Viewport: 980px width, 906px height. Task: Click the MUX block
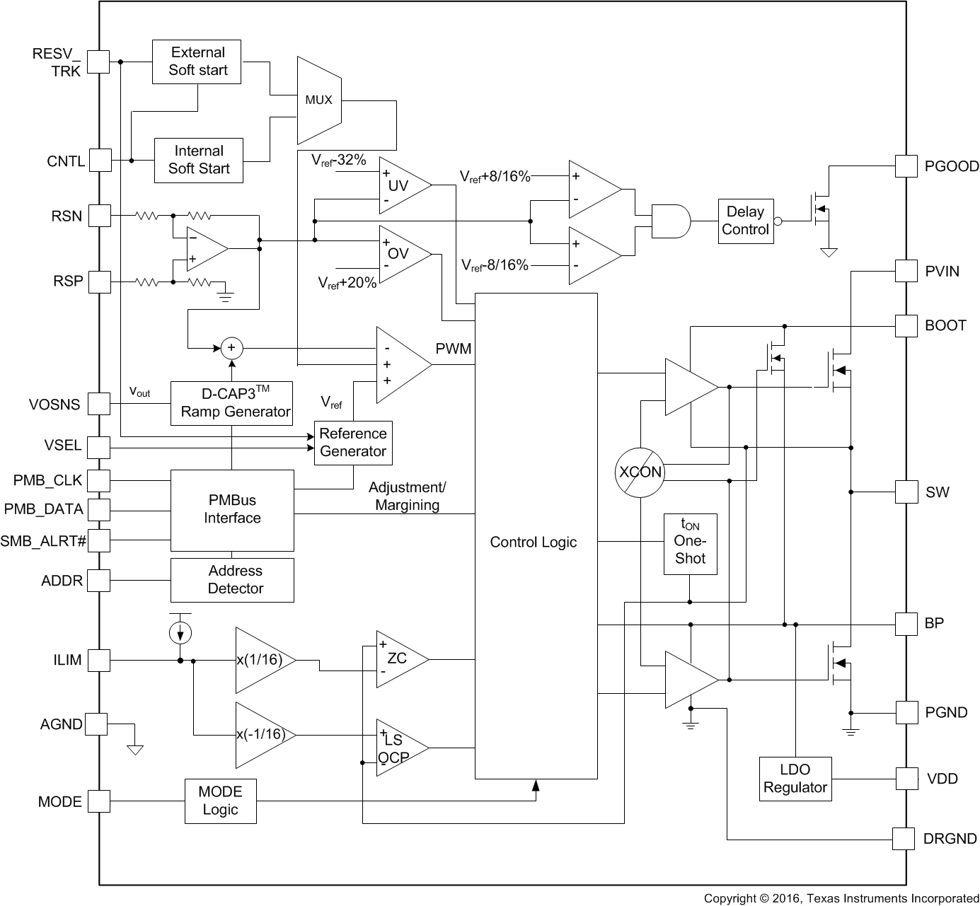(x=319, y=100)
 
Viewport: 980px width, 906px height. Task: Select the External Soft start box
(x=197, y=62)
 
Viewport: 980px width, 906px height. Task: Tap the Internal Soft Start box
(x=198, y=160)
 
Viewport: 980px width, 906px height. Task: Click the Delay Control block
(x=744, y=221)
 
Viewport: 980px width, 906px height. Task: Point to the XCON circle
(x=640, y=472)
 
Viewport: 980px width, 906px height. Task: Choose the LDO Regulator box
(x=795, y=779)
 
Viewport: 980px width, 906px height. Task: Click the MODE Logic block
(x=220, y=801)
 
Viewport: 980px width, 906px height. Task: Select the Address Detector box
(x=232, y=580)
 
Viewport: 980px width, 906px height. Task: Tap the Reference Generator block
(x=353, y=443)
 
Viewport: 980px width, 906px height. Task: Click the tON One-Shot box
(x=690, y=544)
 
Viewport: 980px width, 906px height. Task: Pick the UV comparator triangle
(x=401, y=185)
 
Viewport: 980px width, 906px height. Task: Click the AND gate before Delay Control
(x=669, y=221)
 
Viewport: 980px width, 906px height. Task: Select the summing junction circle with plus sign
(x=231, y=348)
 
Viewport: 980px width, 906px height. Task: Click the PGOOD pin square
(x=906, y=166)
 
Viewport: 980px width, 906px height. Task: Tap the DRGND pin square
(x=904, y=839)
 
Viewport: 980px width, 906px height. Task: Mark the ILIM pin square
(x=99, y=661)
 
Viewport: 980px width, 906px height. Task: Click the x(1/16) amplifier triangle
(x=262, y=660)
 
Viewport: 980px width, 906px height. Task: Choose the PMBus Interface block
(x=232, y=510)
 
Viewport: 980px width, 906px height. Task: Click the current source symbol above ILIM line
(x=180, y=632)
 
